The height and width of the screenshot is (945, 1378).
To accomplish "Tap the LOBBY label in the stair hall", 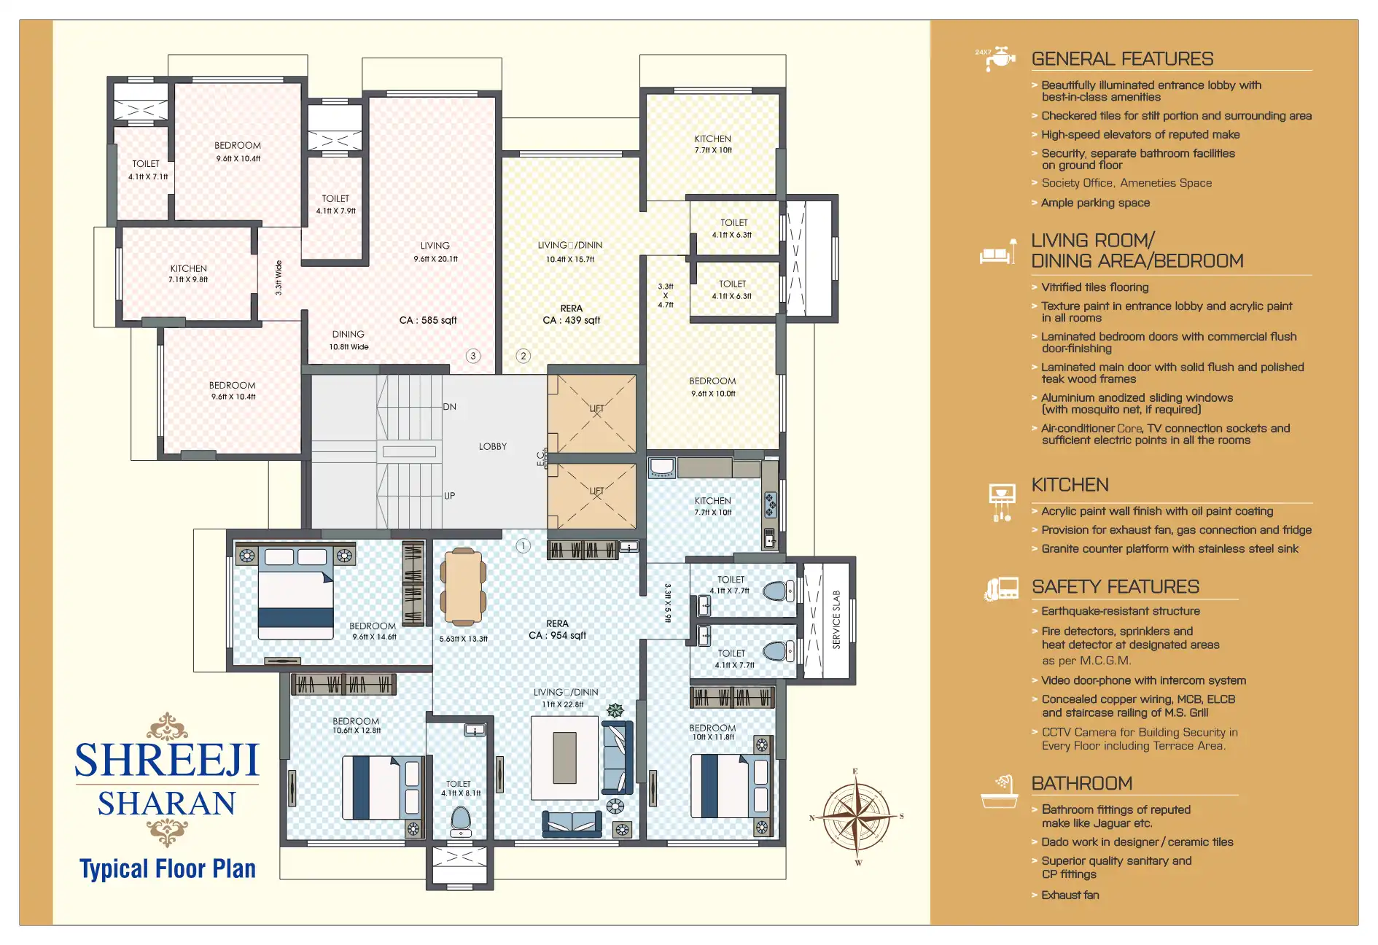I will pos(492,446).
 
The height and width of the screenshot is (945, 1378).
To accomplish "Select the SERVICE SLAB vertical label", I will pos(836,619).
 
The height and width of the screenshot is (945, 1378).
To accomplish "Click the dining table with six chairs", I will pos(462,588).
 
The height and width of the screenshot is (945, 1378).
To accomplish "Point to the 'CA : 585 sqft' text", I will pos(428,320).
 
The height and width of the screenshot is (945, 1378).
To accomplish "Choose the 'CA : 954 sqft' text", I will pos(557,635).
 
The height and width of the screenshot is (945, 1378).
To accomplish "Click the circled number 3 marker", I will pos(473,356).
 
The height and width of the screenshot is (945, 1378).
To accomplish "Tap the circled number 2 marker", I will pos(523,356).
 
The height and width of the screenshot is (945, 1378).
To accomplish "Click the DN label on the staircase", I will pos(449,407).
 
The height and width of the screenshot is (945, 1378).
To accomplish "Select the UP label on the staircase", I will pos(449,496).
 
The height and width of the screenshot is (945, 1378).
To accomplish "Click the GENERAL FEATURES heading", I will pos(1122,59).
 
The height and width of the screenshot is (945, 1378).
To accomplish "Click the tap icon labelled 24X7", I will pos(997,58).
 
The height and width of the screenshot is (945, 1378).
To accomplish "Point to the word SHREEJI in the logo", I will pos(167,761).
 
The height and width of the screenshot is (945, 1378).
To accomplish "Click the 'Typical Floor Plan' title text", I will pos(168,869).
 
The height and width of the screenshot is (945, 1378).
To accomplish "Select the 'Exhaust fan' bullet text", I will pos(1070,895).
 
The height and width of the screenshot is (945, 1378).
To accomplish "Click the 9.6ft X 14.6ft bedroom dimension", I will pos(374,637).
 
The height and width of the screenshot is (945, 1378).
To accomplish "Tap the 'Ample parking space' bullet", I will pos(1095,203).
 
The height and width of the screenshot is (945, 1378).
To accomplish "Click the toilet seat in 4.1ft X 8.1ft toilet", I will pos(461,820).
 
